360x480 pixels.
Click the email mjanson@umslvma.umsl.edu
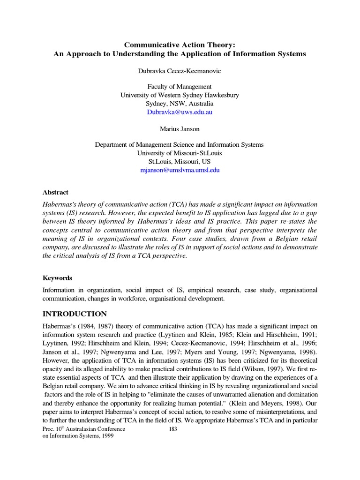pos(180,170)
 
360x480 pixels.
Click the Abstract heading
pos(55,192)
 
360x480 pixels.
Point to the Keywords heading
pos(57,278)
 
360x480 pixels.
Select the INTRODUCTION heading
pos(75,314)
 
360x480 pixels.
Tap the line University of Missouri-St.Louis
pos(180,153)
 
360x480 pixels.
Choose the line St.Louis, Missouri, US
pos(180,162)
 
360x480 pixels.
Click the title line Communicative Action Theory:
pos(180,45)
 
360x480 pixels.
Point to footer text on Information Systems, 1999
pos(78,436)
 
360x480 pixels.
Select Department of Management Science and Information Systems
pos(180,145)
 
